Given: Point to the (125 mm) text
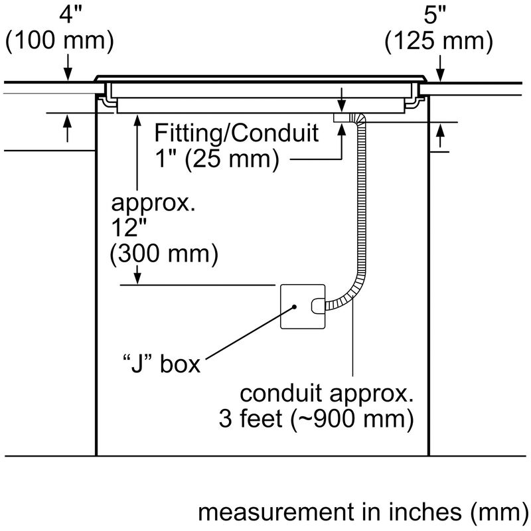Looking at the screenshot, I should tap(439, 41).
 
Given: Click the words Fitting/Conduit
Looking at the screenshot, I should tap(236, 133).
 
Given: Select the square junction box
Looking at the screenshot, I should tap(303, 307).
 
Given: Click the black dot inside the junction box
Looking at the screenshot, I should tap(292, 307).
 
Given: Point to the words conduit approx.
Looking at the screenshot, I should tap(326, 395).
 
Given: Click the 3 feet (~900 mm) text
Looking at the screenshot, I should tap(315, 420).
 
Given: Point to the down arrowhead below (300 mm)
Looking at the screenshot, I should tap(137, 279).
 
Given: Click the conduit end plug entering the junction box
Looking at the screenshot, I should tap(318, 306).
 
